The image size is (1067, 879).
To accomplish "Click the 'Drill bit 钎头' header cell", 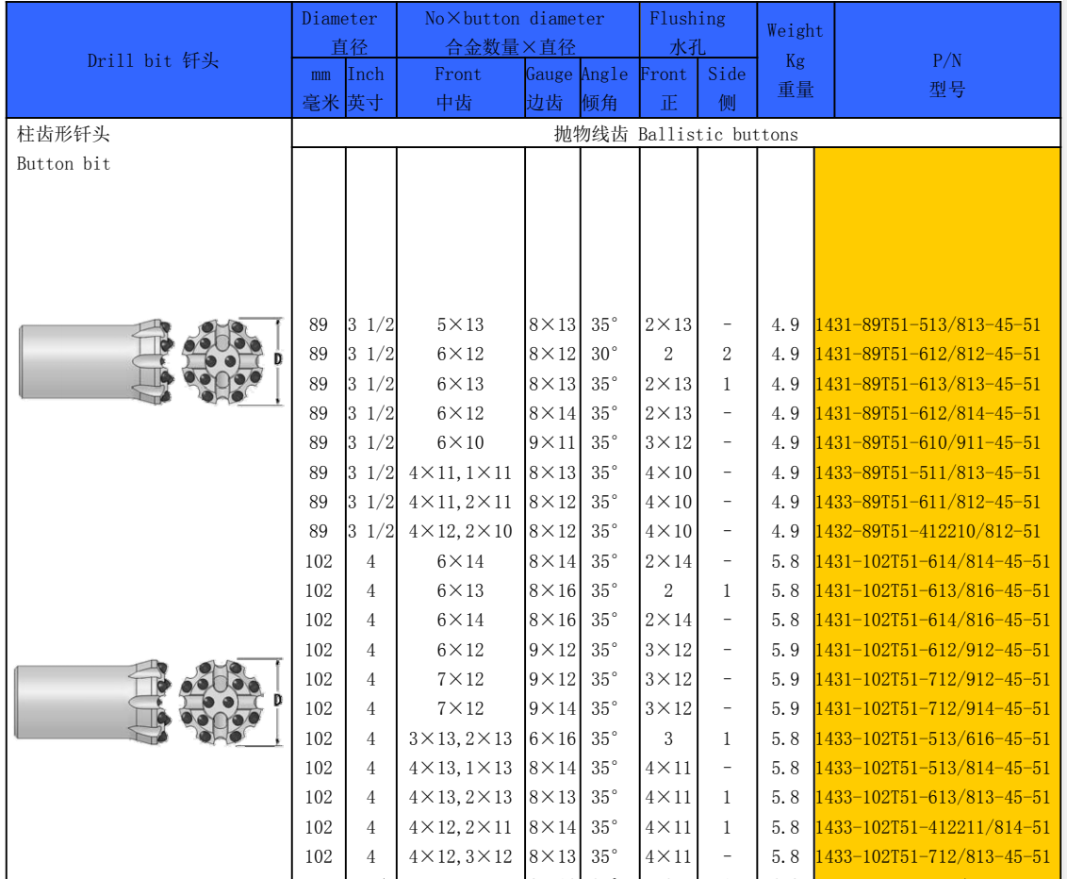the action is click(153, 60).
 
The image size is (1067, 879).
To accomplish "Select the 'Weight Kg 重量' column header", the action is click(795, 60).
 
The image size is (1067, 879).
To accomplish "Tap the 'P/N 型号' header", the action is click(946, 75).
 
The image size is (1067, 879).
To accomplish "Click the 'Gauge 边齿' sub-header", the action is click(550, 88).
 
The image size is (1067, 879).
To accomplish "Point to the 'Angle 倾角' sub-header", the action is click(604, 88).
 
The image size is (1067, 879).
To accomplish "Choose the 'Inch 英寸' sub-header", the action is click(366, 88).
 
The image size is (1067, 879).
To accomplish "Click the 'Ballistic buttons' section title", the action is click(718, 134).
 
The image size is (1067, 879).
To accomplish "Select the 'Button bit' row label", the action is click(63, 163).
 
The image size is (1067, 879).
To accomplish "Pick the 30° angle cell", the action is click(604, 354).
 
